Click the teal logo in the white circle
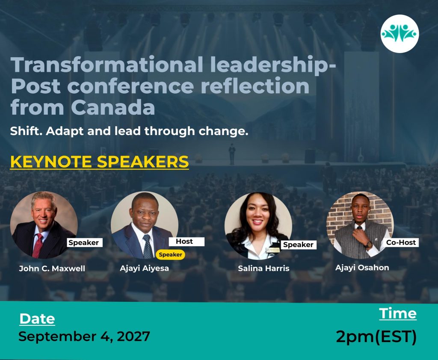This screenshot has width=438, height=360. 400,33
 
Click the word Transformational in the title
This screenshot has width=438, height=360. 107,65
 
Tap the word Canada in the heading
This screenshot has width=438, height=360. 113,108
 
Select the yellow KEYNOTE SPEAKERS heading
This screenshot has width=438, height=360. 99,162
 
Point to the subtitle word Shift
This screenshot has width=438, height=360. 26,131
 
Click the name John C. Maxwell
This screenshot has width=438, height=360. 52,269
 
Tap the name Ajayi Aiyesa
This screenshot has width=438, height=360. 145,269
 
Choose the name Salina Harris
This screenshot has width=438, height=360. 263,269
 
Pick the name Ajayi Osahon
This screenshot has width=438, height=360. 362,268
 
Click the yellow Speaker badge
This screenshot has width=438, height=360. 170,254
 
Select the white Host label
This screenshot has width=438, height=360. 186,241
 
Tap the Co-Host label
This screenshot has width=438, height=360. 401,242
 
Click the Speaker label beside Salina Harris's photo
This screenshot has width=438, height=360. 298,245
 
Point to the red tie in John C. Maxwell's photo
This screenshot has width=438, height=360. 38,245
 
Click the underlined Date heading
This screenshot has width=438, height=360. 37,319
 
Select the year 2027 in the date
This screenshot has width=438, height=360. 133,336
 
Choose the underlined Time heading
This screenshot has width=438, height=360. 398,313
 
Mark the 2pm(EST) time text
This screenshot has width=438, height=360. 376,336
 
